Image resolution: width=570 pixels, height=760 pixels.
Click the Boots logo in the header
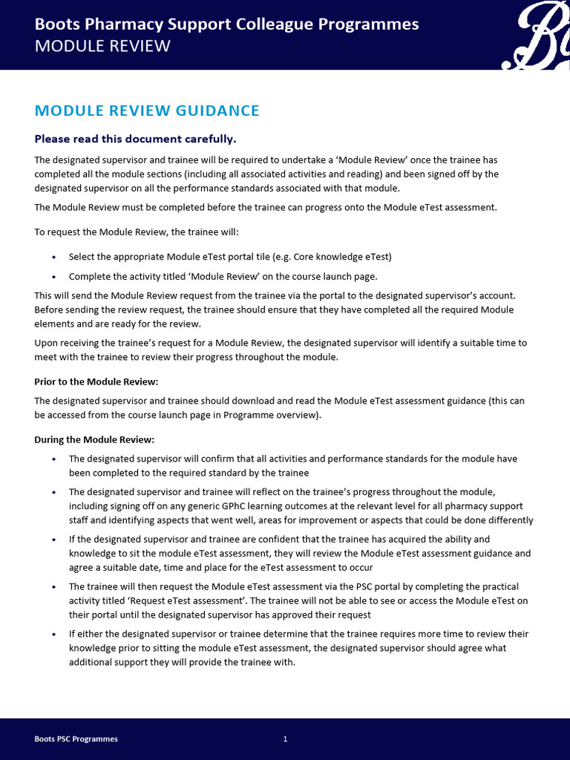pyautogui.click(x=539, y=36)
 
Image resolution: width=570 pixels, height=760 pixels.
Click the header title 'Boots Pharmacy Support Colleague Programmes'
pyautogui.click(x=226, y=24)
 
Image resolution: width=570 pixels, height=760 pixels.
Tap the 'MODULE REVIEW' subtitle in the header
pyautogui.click(x=102, y=47)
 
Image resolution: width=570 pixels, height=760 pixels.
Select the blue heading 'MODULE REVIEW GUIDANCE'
pyautogui.click(x=147, y=111)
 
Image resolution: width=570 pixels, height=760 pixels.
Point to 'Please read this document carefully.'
pyautogui.click(x=135, y=139)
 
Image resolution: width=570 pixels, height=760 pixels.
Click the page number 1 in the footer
pyautogui.click(x=285, y=739)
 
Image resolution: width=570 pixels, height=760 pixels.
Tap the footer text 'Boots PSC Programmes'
pyautogui.click(x=76, y=739)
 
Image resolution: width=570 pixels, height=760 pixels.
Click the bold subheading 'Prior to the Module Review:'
pyautogui.click(x=96, y=381)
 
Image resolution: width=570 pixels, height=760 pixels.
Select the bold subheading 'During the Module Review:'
pyautogui.click(x=94, y=439)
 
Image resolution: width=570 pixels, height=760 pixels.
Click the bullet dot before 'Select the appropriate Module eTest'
pyautogui.click(x=53, y=258)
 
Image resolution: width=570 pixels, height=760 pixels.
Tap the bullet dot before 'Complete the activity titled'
pyautogui.click(x=53, y=277)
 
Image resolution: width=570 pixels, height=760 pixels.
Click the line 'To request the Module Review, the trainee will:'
pyautogui.click(x=137, y=232)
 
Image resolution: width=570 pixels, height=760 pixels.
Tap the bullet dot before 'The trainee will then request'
pyautogui.click(x=53, y=587)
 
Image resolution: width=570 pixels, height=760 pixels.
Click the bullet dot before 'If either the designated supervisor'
pyautogui.click(x=53, y=635)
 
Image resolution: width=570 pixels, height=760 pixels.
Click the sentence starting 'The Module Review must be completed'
pyautogui.click(x=266, y=208)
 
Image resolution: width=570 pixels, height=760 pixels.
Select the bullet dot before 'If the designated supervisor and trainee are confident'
pyautogui.click(x=53, y=540)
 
